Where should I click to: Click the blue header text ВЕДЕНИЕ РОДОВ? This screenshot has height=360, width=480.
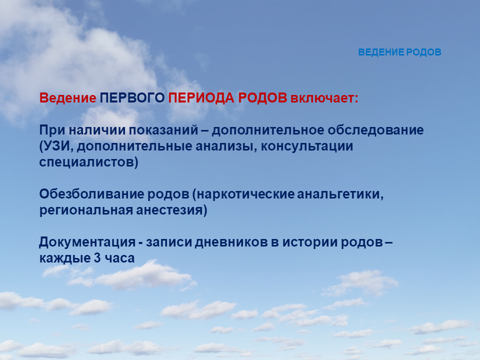pyautogui.click(x=399, y=52)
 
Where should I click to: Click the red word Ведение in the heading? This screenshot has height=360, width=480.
pyautogui.click(x=67, y=98)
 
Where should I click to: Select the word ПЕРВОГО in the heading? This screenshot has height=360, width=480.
pyautogui.click(x=132, y=98)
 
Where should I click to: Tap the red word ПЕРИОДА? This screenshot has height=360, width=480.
pyautogui.click(x=201, y=98)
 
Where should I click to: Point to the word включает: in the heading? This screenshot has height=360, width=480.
pyautogui.click(x=324, y=98)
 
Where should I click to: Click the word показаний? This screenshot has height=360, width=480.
pyautogui.click(x=163, y=130)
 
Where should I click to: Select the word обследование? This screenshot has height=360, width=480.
pyautogui.click(x=375, y=130)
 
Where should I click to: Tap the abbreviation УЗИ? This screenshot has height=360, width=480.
pyautogui.click(x=57, y=146)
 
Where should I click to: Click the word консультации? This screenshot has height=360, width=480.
pyautogui.click(x=307, y=146)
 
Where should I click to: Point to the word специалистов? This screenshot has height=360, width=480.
pyautogui.click(x=86, y=162)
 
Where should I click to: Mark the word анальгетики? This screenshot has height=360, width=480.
pyautogui.click(x=338, y=194)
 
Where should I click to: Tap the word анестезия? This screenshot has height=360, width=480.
pyautogui.click(x=169, y=210)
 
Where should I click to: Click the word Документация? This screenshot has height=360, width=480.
pyautogui.click(x=87, y=242)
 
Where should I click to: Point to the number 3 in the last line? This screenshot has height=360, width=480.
pyautogui.click(x=97, y=258)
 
